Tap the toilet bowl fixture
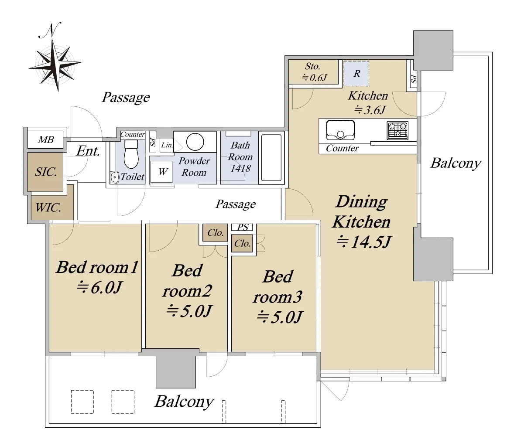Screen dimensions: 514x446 (x=131, y=154)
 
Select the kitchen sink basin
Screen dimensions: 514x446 (x=340, y=130)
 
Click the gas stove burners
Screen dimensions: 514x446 (x=397, y=130)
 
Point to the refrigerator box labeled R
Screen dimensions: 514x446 (x=356, y=73)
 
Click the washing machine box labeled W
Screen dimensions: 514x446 (x=161, y=172)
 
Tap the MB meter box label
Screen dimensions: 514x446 (x=45, y=140)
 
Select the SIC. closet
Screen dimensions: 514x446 (x=45, y=172)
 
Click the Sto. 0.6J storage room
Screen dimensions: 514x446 (x=313, y=71)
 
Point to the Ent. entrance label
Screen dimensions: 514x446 (x=88, y=151)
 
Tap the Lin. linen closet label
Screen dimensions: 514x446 (x=167, y=145)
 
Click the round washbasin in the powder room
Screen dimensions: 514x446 (x=195, y=142)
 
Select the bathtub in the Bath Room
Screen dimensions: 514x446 (x=271, y=157)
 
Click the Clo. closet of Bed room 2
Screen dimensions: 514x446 (x=215, y=233)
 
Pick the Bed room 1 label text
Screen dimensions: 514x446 (x=97, y=267)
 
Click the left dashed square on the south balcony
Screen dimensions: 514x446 (x=82, y=402)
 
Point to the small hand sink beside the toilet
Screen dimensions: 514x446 (x=114, y=177)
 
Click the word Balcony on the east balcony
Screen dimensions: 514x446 (x=456, y=163)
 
